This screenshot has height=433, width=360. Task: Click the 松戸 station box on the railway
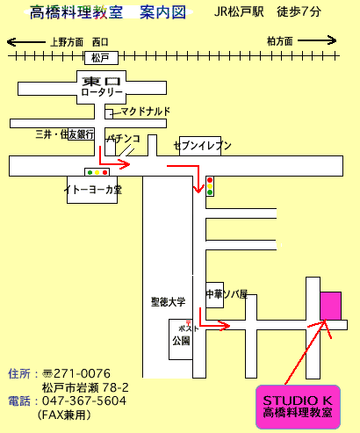(x=101, y=58)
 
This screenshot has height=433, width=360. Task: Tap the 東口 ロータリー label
(x=102, y=87)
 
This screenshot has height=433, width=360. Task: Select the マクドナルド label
(x=146, y=112)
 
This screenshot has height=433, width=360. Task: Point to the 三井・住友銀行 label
(x=65, y=134)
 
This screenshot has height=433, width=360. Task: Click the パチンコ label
(x=124, y=139)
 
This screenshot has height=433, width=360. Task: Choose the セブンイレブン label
(x=203, y=146)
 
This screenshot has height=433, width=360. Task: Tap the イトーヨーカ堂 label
(x=93, y=190)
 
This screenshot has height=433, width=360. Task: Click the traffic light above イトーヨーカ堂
(x=97, y=172)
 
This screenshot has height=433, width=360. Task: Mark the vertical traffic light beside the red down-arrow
(x=210, y=186)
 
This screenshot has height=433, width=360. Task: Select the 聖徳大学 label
(x=169, y=301)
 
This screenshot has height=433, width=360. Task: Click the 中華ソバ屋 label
(x=227, y=294)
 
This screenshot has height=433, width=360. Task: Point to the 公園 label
(x=181, y=341)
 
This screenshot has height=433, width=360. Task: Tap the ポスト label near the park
(x=189, y=328)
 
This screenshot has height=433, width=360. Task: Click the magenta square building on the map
(x=331, y=306)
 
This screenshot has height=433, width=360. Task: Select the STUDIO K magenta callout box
(x=298, y=408)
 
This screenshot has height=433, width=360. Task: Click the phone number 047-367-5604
(x=84, y=401)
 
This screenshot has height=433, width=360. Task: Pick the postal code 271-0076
(x=83, y=374)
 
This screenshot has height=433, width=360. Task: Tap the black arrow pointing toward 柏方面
(x=317, y=40)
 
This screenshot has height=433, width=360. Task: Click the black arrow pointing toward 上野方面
(x=26, y=42)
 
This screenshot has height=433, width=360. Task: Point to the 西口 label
(x=100, y=42)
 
